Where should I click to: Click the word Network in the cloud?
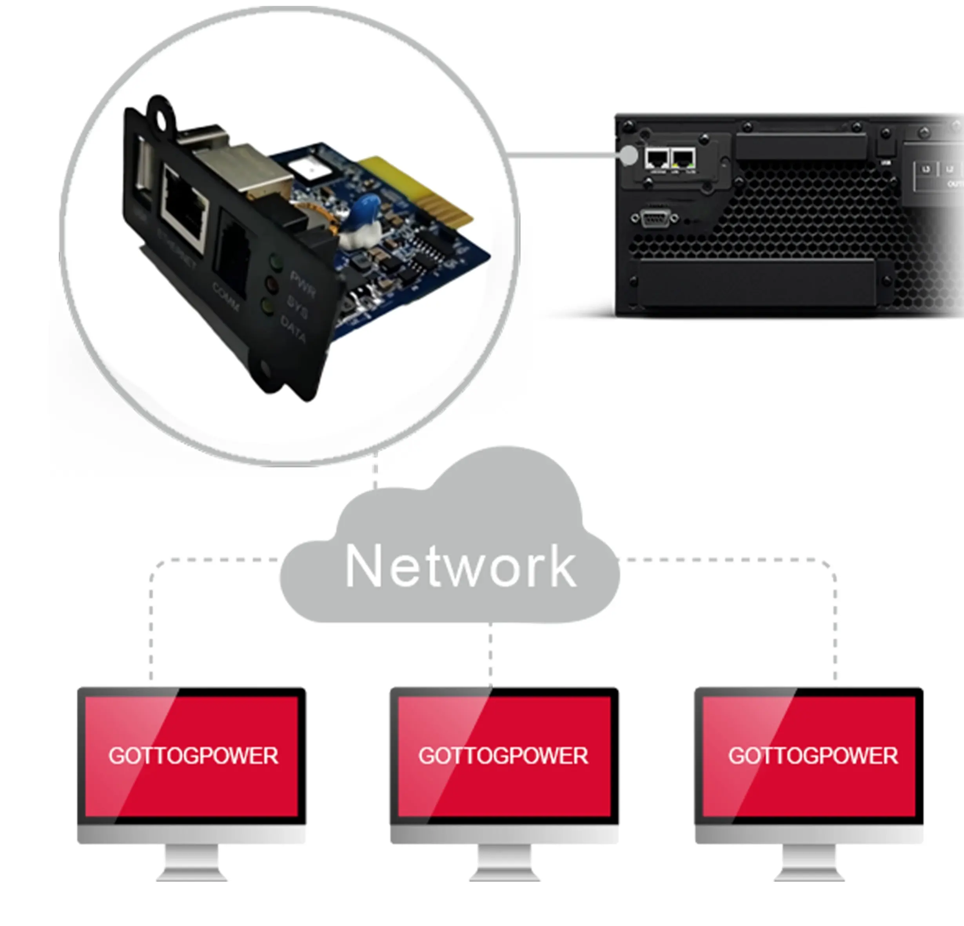pos(461,566)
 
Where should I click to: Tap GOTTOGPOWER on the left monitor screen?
pos(193,756)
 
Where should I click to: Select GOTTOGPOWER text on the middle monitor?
pos(503,756)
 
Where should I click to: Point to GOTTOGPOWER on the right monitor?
pos(813,756)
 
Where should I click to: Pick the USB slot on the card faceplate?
pos(142,172)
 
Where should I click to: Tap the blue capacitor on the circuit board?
pos(367,207)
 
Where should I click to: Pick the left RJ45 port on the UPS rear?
pos(657,158)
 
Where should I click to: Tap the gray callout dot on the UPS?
pos(628,155)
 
